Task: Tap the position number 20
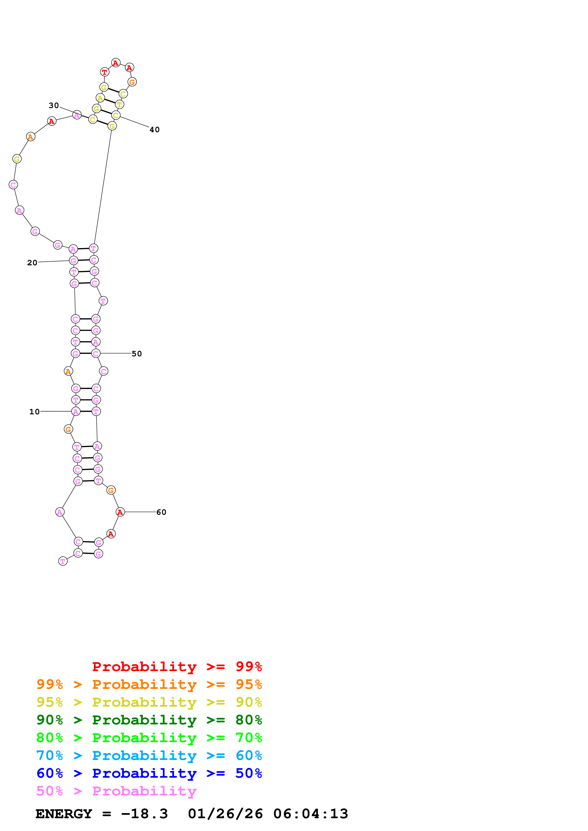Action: [x=32, y=263]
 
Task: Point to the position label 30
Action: [x=54, y=105]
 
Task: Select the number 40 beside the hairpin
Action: [x=154, y=130]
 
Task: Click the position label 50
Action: [x=137, y=354]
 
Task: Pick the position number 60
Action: [x=161, y=512]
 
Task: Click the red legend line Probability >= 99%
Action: [x=177, y=667]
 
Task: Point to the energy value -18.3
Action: [x=144, y=814]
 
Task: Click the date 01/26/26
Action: [x=225, y=814]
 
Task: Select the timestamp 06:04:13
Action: [x=310, y=814]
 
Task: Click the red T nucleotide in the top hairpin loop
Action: [x=104, y=72]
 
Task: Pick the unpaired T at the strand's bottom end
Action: [x=63, y=561]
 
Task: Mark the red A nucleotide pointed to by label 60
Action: [x=120, y=512]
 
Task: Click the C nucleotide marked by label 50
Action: [x=96, y=354]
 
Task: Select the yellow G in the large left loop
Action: [x=17, y=159]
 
